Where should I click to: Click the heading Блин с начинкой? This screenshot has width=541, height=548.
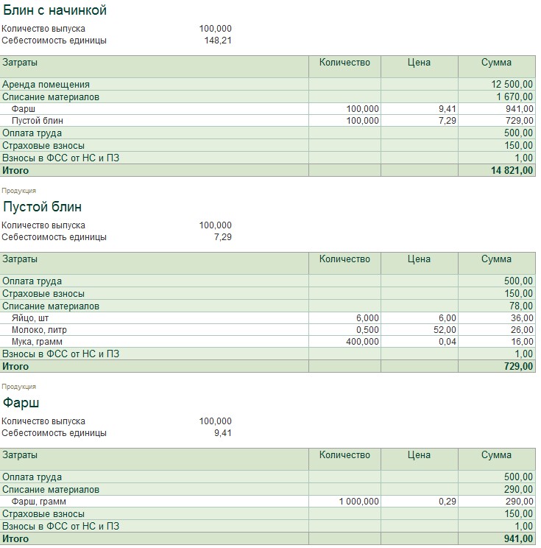(x=55, y=10)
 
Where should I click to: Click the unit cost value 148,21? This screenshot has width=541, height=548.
(x=218, y=41)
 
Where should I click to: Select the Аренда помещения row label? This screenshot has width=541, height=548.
(x=46, y=85)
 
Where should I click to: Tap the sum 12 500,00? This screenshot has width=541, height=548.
(x=512, y=85)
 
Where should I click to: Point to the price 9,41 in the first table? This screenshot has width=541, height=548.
(x=447, y=109)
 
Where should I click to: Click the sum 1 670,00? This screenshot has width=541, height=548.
(x=515, y=96)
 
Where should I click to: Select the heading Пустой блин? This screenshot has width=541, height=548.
(x=43, y=206)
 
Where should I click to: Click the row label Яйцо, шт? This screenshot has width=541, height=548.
(x=32, y=317)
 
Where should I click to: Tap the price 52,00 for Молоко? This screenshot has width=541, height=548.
(x=445, y=329)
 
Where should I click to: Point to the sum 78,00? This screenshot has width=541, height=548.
(x=521, y=306)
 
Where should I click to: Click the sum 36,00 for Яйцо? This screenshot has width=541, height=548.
(x=521, y=317)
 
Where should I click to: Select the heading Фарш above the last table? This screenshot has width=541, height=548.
(x=21, y=402)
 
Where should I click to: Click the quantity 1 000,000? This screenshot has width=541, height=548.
(x=359, y=502)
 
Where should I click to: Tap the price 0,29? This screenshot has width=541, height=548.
(x=447, y=502)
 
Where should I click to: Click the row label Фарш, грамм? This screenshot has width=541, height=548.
(x=39, y=502)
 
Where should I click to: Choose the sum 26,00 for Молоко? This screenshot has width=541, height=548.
(x=521, y=329)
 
